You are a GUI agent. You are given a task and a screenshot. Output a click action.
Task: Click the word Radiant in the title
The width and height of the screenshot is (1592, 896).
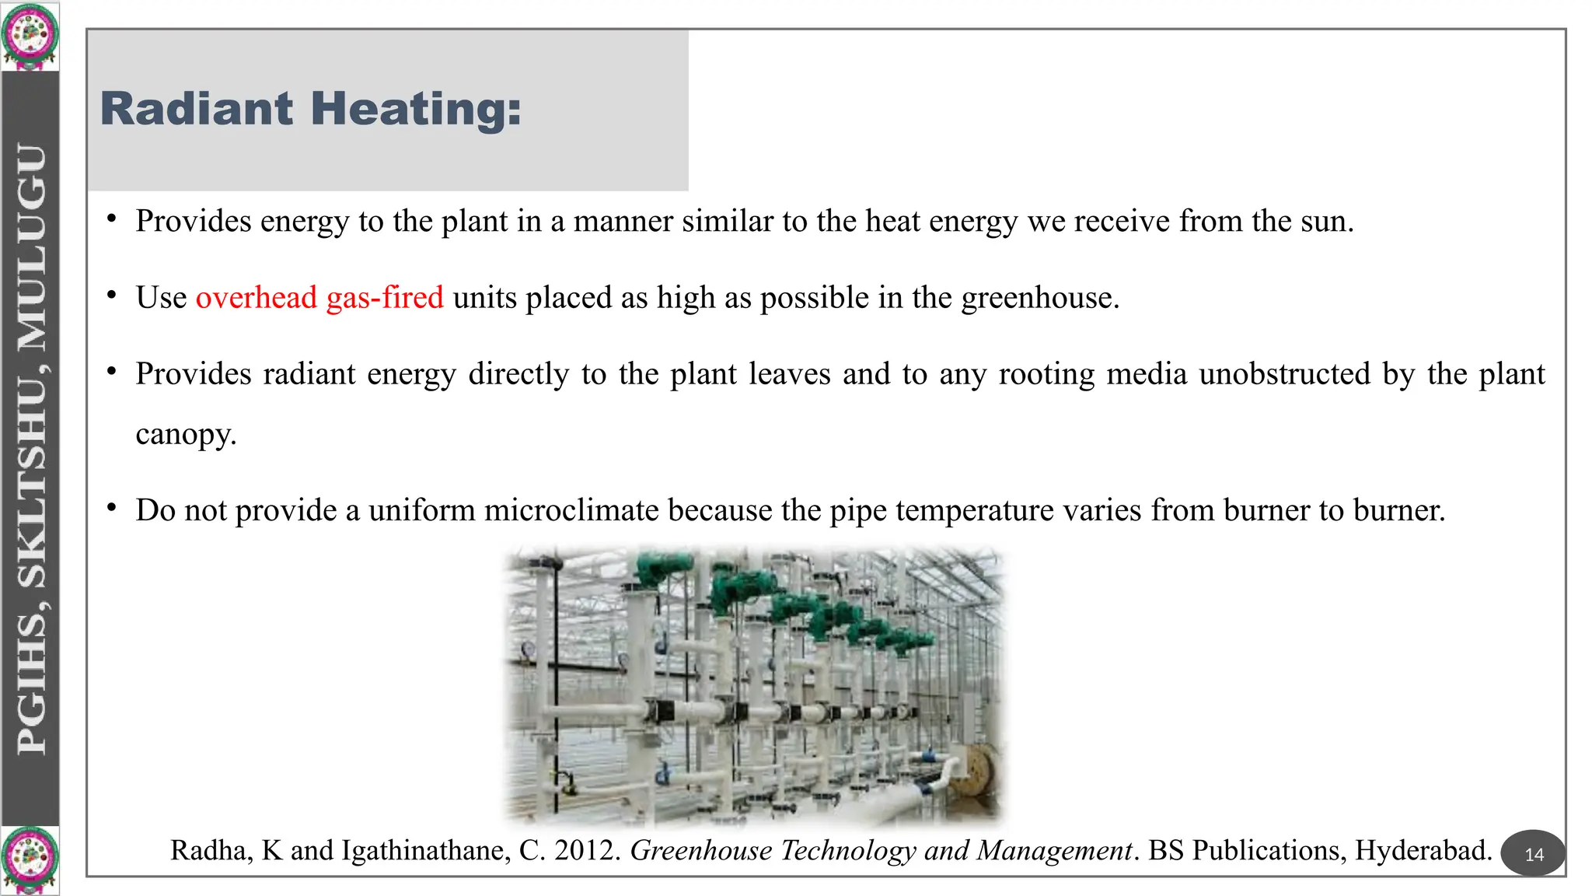coord(197,108)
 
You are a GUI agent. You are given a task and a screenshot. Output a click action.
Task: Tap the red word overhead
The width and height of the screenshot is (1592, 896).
coord(256,297)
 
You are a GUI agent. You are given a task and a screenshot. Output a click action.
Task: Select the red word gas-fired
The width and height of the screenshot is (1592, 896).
coord(385,297)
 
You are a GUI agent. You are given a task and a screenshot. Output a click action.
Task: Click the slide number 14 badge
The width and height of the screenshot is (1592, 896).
coord(1534,854)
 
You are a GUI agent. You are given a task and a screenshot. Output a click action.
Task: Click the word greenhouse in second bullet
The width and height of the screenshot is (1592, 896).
coord(1039,298)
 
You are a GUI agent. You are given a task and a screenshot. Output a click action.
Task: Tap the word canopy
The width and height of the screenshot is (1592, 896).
coord(185,434)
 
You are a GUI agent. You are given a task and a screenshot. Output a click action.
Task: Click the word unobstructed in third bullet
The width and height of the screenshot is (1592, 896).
coord(1284,374)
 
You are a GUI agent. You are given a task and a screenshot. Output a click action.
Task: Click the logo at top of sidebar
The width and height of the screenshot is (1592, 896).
coord(30,35)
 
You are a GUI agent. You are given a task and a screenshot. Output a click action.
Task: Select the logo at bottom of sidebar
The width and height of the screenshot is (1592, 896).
coord(30,859)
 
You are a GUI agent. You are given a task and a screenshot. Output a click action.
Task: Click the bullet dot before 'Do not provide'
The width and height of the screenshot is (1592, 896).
coord(112,508)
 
